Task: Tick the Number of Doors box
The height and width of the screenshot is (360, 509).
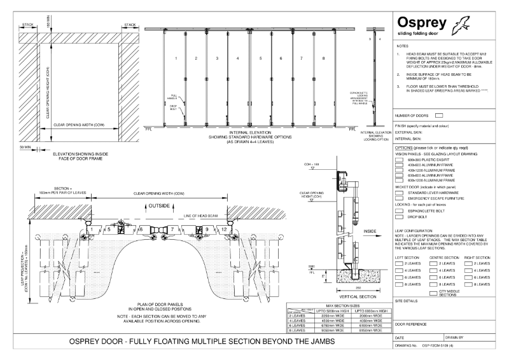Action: (x=438, y=116)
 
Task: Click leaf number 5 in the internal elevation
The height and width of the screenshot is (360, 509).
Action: (x=260, y=59)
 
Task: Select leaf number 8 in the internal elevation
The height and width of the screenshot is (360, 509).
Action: (x=324, y=59)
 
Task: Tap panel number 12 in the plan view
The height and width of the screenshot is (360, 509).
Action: (x=224, y=228)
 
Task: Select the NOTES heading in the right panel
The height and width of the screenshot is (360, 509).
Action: (x=402, y=46)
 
